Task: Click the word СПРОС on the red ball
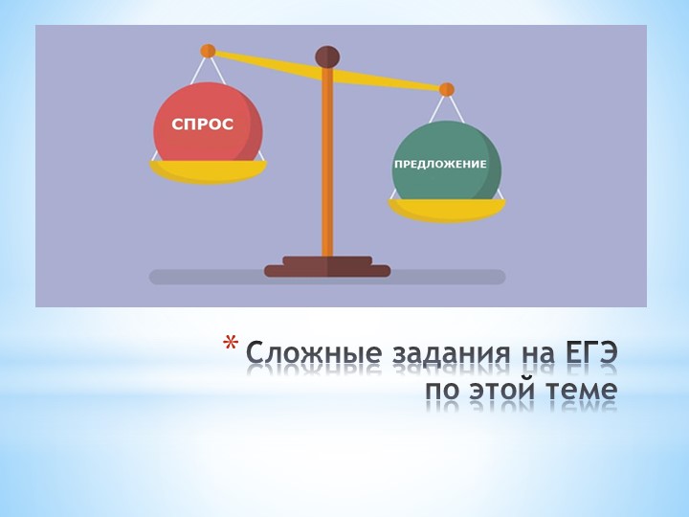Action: coord(202,125)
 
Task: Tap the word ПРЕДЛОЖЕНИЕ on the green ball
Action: coord(440,164)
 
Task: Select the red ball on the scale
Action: coord(209,105)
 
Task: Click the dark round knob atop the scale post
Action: coord(327,56)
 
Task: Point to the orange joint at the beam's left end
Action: coord(208,51)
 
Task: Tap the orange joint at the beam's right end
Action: coord(446,89)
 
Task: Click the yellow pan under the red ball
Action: coord(208,170)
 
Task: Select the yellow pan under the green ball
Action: coord(446,209)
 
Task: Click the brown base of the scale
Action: coord(327,267)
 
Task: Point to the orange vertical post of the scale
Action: coord(327,163)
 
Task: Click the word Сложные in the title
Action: coord(300,355)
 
